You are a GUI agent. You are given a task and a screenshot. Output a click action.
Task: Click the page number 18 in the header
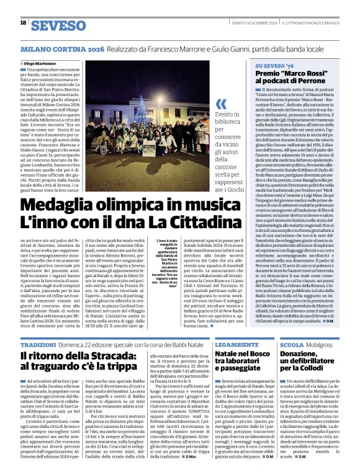[x=23, y=23]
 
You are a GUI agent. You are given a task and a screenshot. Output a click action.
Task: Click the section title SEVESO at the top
[x=59, y=25]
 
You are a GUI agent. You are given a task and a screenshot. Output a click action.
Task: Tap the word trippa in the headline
[x=122, y=368]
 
